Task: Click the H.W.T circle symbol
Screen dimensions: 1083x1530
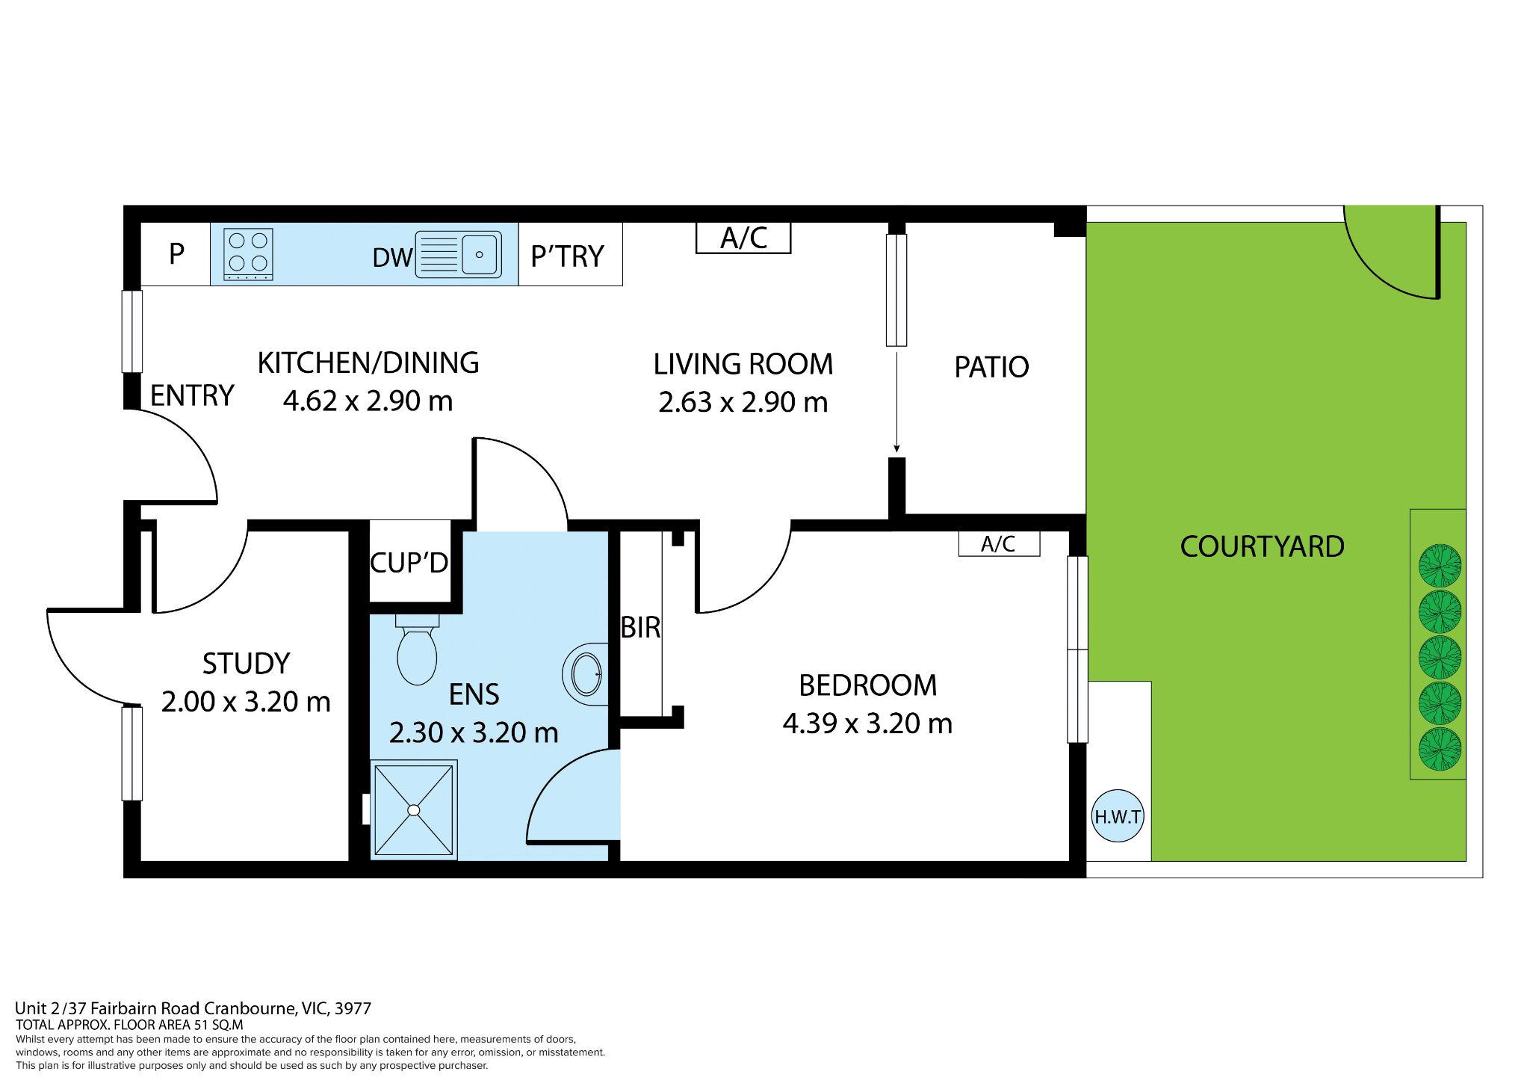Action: pyautogui.click(x=1118, y=816)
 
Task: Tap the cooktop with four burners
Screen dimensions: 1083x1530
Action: pyautogui.click(x=248, y=254)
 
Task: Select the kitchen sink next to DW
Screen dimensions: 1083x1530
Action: pyautogui.click(x=458, y=254)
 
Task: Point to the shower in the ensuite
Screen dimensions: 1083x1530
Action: pyautogui.click(x=414, y=809)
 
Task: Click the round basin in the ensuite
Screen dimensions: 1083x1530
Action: pyautogui.click(x=586, y=673)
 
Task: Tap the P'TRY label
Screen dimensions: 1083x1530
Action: pyautogui.click(x=567, y=256)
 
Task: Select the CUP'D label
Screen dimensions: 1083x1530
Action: pyautogui.click(x=409, y=563)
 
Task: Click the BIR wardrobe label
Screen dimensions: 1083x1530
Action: pyautogui.click(x=641, y=628)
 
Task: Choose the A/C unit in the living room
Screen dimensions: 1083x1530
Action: pyautogui.click(x=743, y=238)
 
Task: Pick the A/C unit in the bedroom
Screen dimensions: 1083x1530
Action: pyautogui.click(x=999, y=544)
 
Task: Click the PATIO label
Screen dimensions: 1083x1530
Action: pyautogui.click(x=991, y=367)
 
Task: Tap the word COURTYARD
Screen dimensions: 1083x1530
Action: pyautogui.click(x=1262, y=546)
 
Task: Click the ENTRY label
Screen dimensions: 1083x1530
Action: pyautogui.click(x=192, y=395)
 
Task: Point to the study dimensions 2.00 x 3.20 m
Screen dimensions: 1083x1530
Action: pyautogui.click(x=246, y=702)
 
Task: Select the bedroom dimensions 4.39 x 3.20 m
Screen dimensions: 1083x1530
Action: pyautogui.click(x=867, y=723)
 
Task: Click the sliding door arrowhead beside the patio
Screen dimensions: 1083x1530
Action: pyautogui.click(x=896, y=448)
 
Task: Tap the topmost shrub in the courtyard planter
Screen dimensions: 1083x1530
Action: pyautogui.click(x=1440, y=566)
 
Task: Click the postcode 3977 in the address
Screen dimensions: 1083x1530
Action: pyautogui.click(x=353, y=1008)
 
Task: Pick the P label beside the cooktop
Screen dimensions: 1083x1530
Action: pyautogui.click(x=176, y=254)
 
